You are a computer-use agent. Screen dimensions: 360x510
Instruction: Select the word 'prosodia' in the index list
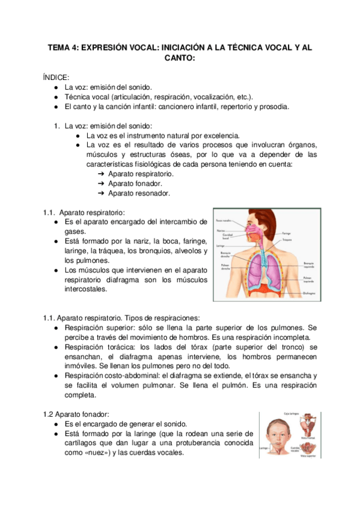point(275,107)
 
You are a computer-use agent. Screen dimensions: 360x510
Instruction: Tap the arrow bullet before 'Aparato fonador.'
point(101,183)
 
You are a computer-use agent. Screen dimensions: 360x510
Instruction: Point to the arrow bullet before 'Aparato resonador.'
point(101,193)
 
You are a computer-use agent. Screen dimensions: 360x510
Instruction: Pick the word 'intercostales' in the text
point(86,289)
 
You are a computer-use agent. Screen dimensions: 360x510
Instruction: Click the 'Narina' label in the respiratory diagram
point(221,230)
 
